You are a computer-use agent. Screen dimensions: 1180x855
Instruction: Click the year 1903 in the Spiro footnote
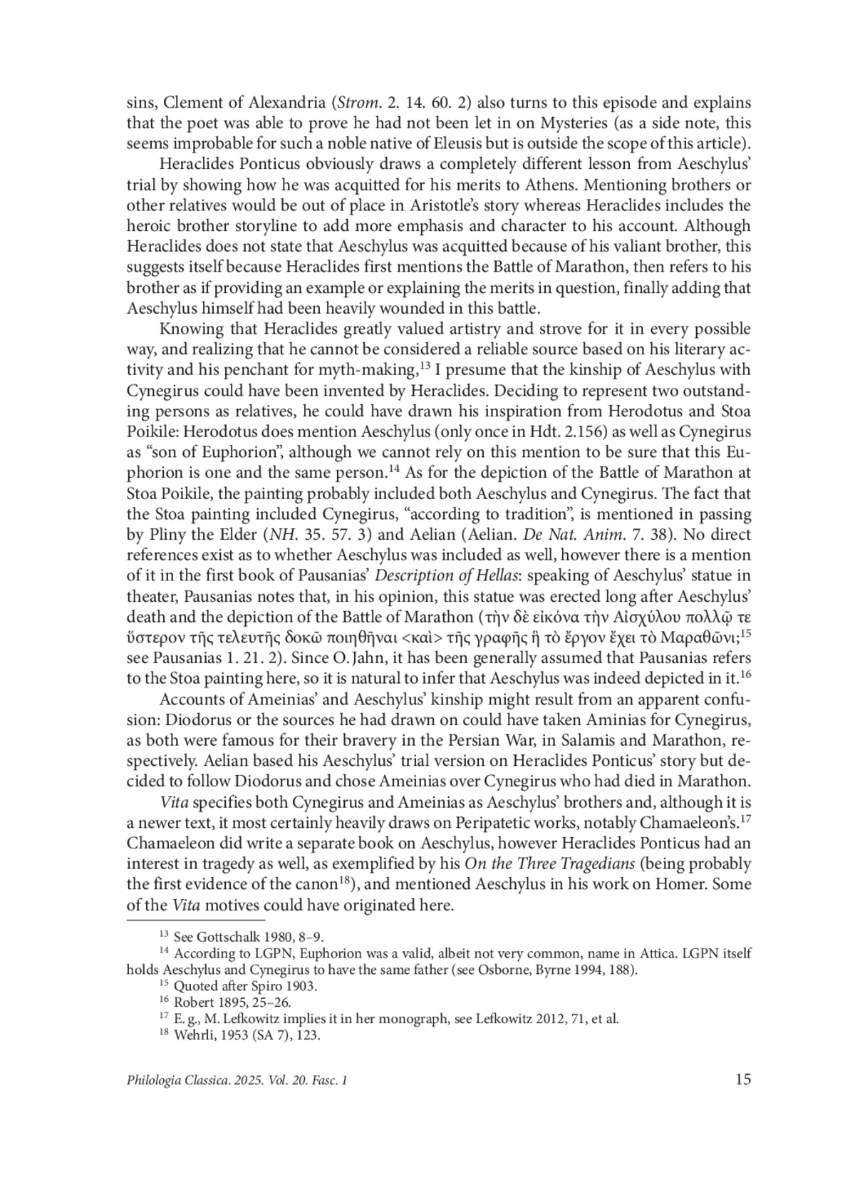click(301, 986)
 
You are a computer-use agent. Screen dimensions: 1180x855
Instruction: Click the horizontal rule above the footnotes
click(195, 922)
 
